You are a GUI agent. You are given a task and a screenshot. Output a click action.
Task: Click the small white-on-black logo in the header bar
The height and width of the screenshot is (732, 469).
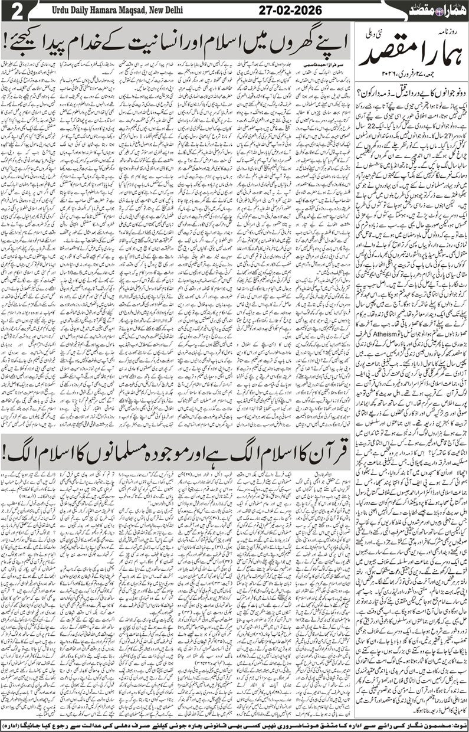click(x=436, y=9)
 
